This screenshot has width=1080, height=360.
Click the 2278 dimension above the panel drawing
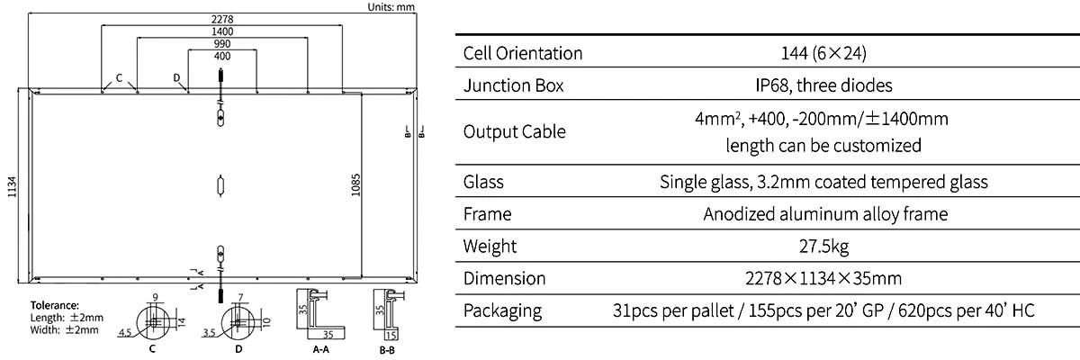coord(221,19)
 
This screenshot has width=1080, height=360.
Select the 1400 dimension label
coord(222,31)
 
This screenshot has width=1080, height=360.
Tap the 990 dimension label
coord(222,44)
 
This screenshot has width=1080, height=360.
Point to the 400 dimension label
coord(222,57)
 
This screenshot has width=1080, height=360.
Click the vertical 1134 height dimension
coord(12,186)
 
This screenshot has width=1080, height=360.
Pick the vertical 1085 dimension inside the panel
coord(355,185)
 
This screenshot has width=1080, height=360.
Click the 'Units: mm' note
coord(391,6)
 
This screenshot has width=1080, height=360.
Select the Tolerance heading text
coord(55,305)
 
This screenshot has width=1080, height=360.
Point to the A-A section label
coord(321,349)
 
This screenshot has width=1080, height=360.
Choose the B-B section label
coord(387,350)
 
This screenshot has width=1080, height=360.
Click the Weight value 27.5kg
coord(824,247)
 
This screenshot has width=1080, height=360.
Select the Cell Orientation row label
coord(523,53)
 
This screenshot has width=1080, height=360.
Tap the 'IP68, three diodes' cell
coord(824,85)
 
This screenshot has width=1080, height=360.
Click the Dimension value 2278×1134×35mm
coord(823,279)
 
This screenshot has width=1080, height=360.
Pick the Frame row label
coord(487,214)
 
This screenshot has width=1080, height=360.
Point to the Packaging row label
coord(502,311)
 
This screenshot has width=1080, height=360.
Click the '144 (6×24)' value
coord(823,53)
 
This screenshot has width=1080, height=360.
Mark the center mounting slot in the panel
coord(220,185)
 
